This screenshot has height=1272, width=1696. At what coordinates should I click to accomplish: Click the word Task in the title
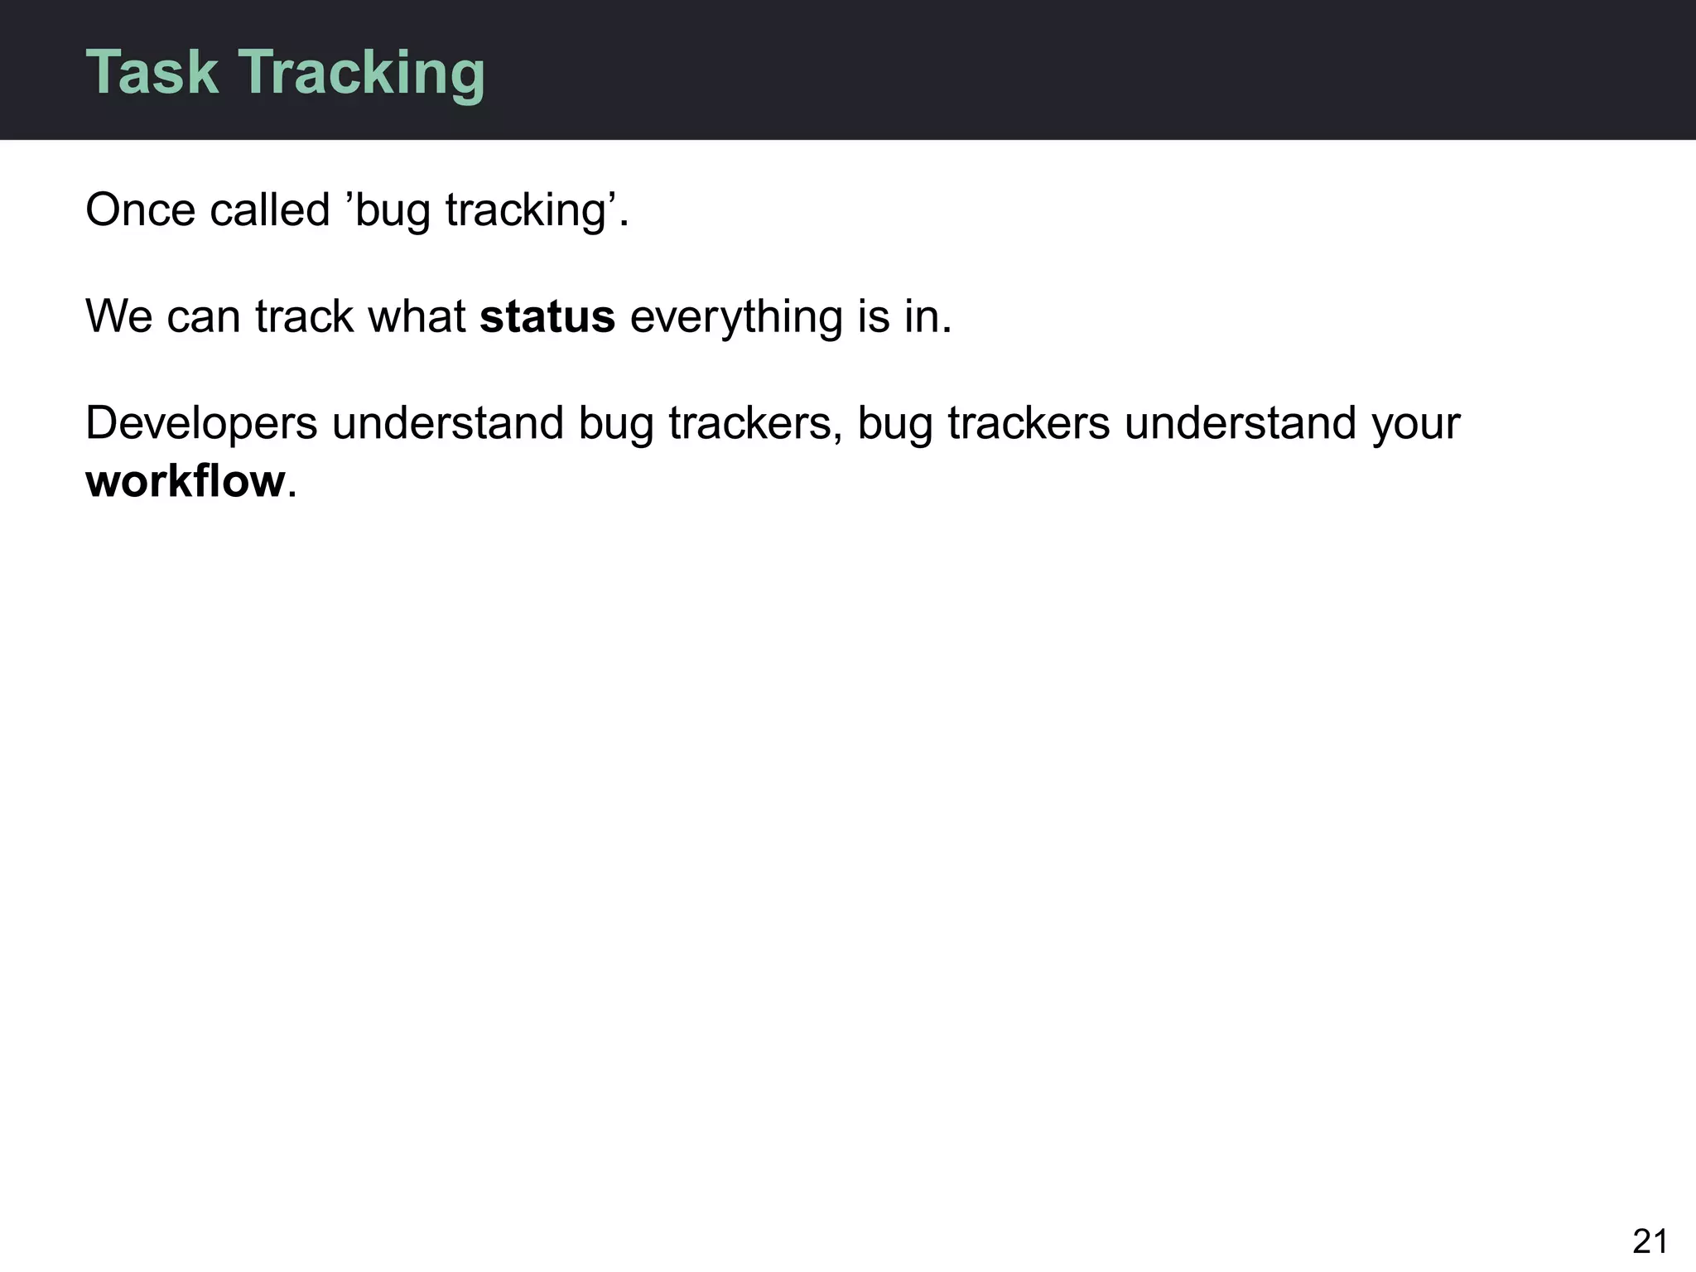click(152, 72)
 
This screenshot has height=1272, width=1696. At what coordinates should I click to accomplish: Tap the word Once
click(140, 210)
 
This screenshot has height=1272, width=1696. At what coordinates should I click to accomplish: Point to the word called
click(270, 210)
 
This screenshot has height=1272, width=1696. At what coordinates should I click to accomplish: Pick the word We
click(118, 316)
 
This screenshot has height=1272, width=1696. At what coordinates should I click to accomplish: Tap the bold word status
click(547, 316)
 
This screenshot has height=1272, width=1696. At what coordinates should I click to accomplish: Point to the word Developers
click(201, 424)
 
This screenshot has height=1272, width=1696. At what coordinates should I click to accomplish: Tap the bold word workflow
click(185, 481)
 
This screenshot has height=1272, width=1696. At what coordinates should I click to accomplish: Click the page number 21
click(1650, 1241)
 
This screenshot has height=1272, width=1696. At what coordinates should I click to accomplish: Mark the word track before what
click(304, 316)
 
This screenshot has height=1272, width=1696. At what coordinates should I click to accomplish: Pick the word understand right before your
click(1240, 423)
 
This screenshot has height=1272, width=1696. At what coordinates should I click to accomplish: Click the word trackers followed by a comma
click(754, 423)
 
